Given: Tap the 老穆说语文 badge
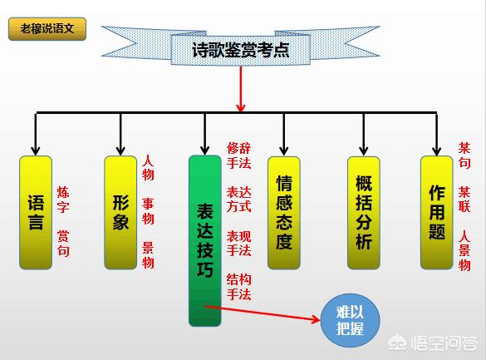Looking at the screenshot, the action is [x=47, y=29].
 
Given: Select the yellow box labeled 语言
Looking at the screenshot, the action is [x=36, y=212].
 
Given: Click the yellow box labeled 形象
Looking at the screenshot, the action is [x=120, y=212].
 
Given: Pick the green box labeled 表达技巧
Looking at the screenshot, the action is [x=205, y=240].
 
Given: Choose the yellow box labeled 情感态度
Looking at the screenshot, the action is [x=284, y=212].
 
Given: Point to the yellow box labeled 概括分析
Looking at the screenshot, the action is [x=364, y=212].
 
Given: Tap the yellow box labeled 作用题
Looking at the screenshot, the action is [x=437, y=212].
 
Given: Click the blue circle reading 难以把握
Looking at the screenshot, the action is [x=350, y=320].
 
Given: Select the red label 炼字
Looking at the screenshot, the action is [x=63, y=200].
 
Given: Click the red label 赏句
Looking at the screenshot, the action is [x=63, y=243].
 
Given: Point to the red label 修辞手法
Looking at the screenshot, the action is [x=238, y=155].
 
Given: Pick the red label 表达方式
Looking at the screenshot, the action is [x=238, y=200].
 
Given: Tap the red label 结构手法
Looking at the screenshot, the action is [x=238, y=287].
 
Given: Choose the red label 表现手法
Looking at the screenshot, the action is [x=238, y=243].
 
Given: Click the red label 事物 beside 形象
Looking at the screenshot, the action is [x=148, y=211].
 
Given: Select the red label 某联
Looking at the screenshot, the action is [x=464, y=200].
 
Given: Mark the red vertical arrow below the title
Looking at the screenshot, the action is [x=241, y=89].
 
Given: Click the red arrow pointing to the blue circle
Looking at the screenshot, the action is [x=263, y=313].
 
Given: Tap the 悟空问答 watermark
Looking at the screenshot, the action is [x=433, y=343].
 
